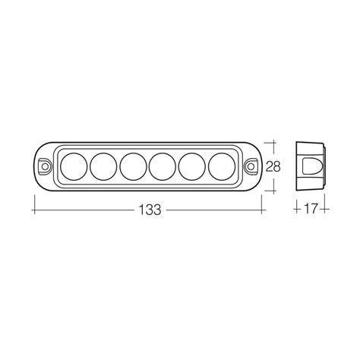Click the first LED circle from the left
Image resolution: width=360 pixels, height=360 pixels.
pyautogui.click(x=74, y=165)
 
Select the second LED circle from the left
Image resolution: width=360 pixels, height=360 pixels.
pyautogui.click(x=104, y=165)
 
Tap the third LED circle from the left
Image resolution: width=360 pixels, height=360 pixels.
pyautogui.click(x=133, y=165)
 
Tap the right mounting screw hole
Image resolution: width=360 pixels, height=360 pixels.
pyautogui.click(x=252, y=165)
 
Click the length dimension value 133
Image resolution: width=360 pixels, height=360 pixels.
pyautogui.click(x=151, y=210)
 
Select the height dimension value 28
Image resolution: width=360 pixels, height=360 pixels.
pyautogui.click(x=275, y=166)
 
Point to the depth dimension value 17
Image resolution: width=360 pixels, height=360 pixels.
pyautogui.click(x=310, y=207)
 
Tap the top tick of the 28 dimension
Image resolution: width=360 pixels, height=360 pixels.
pyautogui.click(x=274, y=141)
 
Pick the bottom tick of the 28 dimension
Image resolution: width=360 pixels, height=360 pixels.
pyautogui.click(x=274, y=190)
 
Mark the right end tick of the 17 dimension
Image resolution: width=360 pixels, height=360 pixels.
pyautogui.click(x=326, y=207)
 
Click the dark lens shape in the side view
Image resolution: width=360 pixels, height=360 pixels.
pyautogui.click(x=313, y=166)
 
